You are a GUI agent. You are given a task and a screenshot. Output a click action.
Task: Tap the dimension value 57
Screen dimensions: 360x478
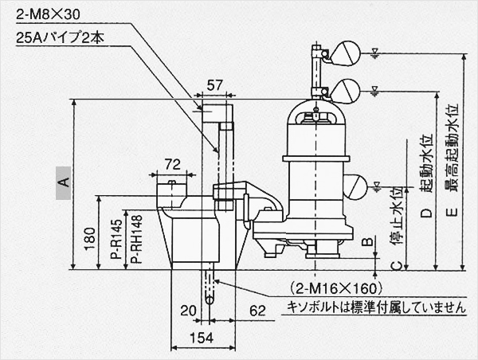pyautogui.click(x=214, y=84)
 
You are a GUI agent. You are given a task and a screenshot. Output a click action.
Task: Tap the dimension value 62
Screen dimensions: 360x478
pyautogui.click(x=257, y=311)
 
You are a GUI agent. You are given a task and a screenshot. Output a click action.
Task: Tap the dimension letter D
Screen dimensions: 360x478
pyautogui.click(x=426, y=213)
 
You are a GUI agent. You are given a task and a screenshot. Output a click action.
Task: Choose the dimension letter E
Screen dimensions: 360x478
pyautogui.click(x=451, y=213)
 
